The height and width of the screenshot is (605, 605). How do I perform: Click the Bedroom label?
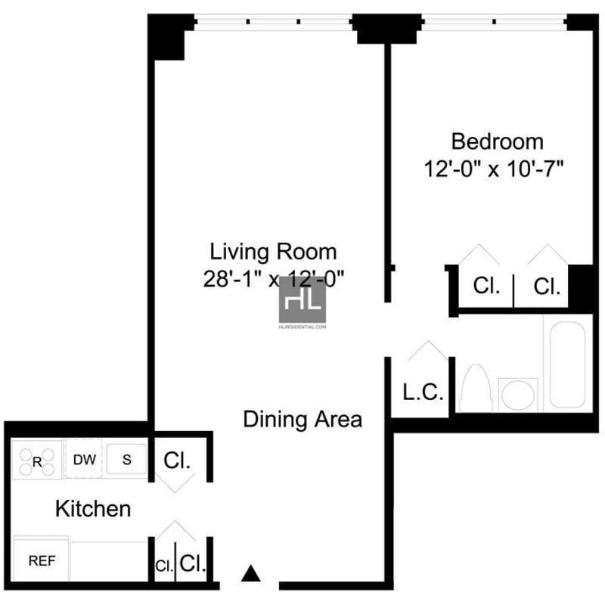(x=498, y=141)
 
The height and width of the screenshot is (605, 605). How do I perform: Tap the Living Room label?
(x=273, y=252)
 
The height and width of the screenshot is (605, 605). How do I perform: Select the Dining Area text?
(x=302, y=420)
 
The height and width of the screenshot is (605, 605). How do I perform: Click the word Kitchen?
(x=93, y=508)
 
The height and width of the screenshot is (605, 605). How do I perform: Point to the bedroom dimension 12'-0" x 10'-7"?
(x=494, y=169)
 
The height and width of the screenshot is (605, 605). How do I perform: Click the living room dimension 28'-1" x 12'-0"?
(x=273, y=278)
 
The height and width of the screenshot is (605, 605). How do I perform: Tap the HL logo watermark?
(x=302, y=299)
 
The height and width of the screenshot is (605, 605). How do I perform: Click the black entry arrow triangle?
(x=251, y=573)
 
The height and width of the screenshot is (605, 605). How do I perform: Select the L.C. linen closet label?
(x=423, y=392)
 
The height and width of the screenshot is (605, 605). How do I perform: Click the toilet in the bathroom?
(x=476, y=388)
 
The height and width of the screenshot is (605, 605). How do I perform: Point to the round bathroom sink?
(x=518, y=395)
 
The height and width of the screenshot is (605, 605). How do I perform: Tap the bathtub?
(x=568, y=365)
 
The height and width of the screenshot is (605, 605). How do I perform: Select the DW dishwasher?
(x=84, y=459)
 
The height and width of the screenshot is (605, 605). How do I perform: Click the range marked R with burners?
(x=36, y=461)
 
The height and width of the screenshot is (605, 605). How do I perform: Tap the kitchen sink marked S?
(x=126, y=459)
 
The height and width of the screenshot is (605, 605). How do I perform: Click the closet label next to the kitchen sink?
(x=177, y=460)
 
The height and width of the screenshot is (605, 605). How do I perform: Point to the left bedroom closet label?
(x=486, y=286)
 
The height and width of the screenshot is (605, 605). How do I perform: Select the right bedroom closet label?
(x=547, y=287)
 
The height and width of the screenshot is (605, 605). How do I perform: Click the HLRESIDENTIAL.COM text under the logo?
(x=302, y=327)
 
